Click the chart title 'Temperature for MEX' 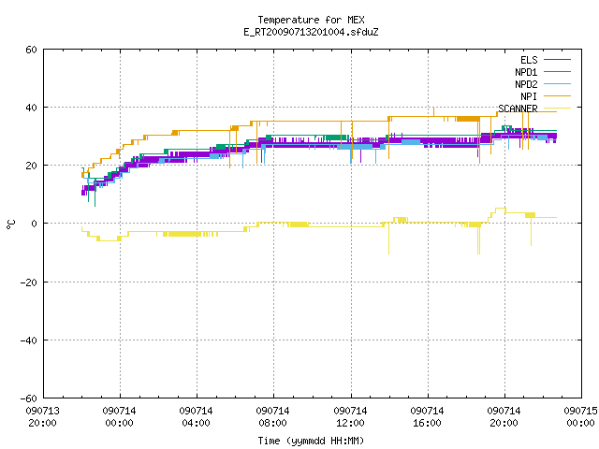(311, 20)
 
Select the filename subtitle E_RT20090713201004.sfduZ (311, 32)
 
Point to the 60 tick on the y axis (31, 50)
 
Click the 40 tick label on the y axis (31, 108)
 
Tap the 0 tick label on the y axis (35, 224)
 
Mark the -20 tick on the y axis (29, 282)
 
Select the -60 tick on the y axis (29, 398)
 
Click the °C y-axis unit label (10, 224)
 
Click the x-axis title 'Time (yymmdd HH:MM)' (311, 441)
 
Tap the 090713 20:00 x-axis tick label (43, 417)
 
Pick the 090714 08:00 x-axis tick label (272, 417)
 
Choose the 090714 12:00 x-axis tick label (350, 417)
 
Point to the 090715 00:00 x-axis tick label (580, 417)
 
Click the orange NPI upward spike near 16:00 (433, 111)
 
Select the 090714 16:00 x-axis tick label (427, 417)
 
